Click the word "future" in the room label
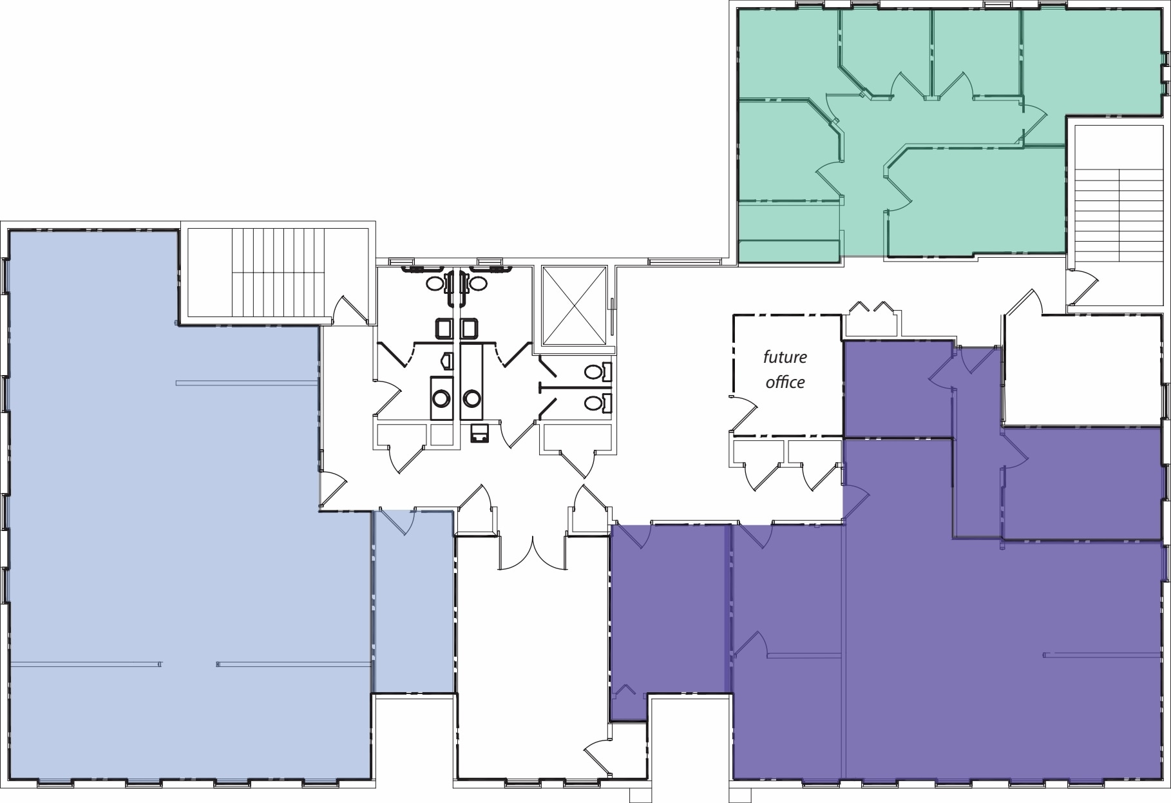click(785, 357)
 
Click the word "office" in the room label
click(785, 382)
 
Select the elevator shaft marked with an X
click(575, 305)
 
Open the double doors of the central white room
click(533, 554)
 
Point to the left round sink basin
click(441, 398)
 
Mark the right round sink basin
click(472, 398)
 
